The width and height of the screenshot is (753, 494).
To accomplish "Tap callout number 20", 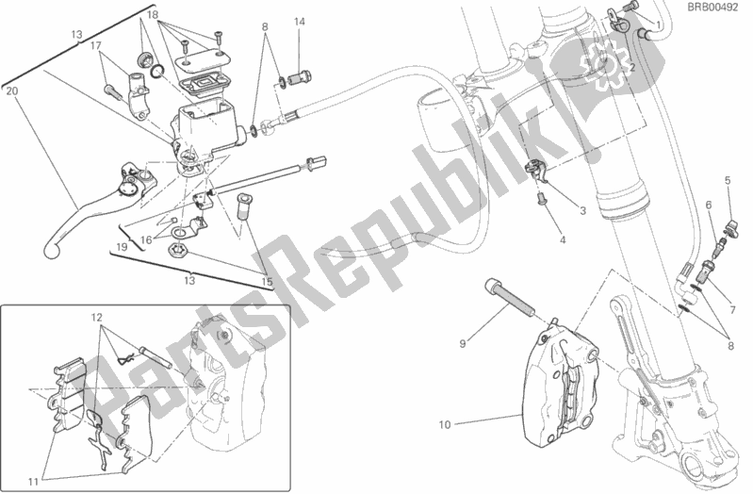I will click(x=10, y=91).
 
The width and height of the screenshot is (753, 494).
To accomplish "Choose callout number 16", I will click(x=145, y=241).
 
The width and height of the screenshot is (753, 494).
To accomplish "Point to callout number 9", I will click(x=463, y=343).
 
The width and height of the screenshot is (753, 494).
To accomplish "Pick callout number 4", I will click(x=563, y=240).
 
